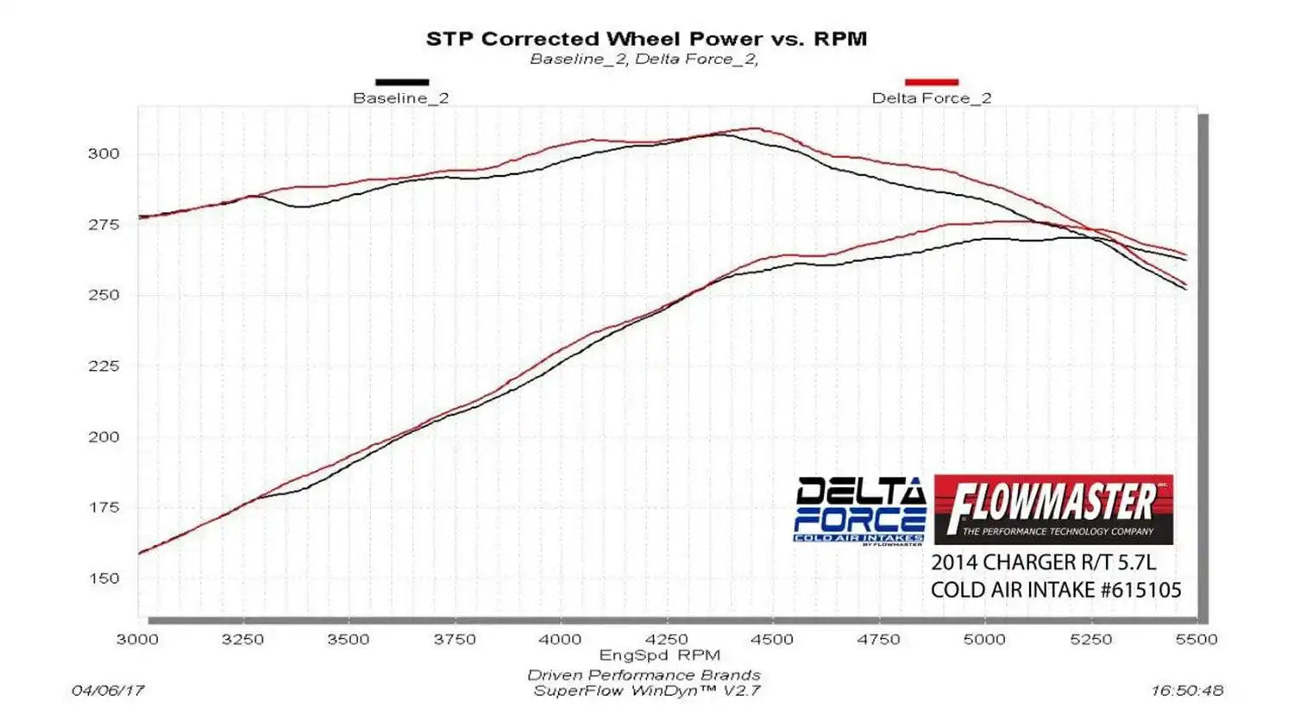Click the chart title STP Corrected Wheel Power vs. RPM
tap(646, 39)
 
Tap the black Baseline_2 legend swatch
tap(402, 83)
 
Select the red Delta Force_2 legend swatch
tap(932, 83)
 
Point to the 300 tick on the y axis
tap(104, 154)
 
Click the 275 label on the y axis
tap(104, 224)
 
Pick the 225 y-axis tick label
tap(104, 366)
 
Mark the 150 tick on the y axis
tap(104, 578)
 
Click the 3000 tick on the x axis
tap(137, 639)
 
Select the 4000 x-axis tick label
tap(560, 639)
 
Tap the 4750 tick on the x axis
tap(878, 639)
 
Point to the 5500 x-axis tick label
tap(1197, 639)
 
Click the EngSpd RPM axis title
tap(660, 655)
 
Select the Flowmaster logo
tap(1053, 509)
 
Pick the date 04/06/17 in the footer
tap(108, 691)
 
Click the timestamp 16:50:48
tap(1186, 691)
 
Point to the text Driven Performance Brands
tap(644, 675)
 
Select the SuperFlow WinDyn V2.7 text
tap(646, 691)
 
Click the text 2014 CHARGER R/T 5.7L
tap(1043, 562)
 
